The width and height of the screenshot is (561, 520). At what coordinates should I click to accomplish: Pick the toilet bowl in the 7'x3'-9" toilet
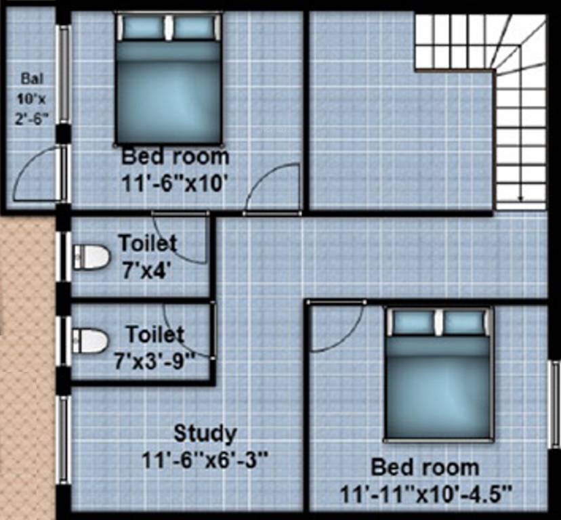point(91,341)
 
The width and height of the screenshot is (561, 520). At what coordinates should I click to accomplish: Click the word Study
point(205,433)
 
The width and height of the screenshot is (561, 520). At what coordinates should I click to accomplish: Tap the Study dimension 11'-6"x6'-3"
point(205,460)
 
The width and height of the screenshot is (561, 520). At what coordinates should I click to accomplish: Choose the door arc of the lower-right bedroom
point(337,328)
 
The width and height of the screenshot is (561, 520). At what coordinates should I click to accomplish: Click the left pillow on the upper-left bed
point(143,28)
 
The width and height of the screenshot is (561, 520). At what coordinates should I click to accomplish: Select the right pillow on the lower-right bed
point(465,322)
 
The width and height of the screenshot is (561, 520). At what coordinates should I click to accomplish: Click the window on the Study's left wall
point(63,440)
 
